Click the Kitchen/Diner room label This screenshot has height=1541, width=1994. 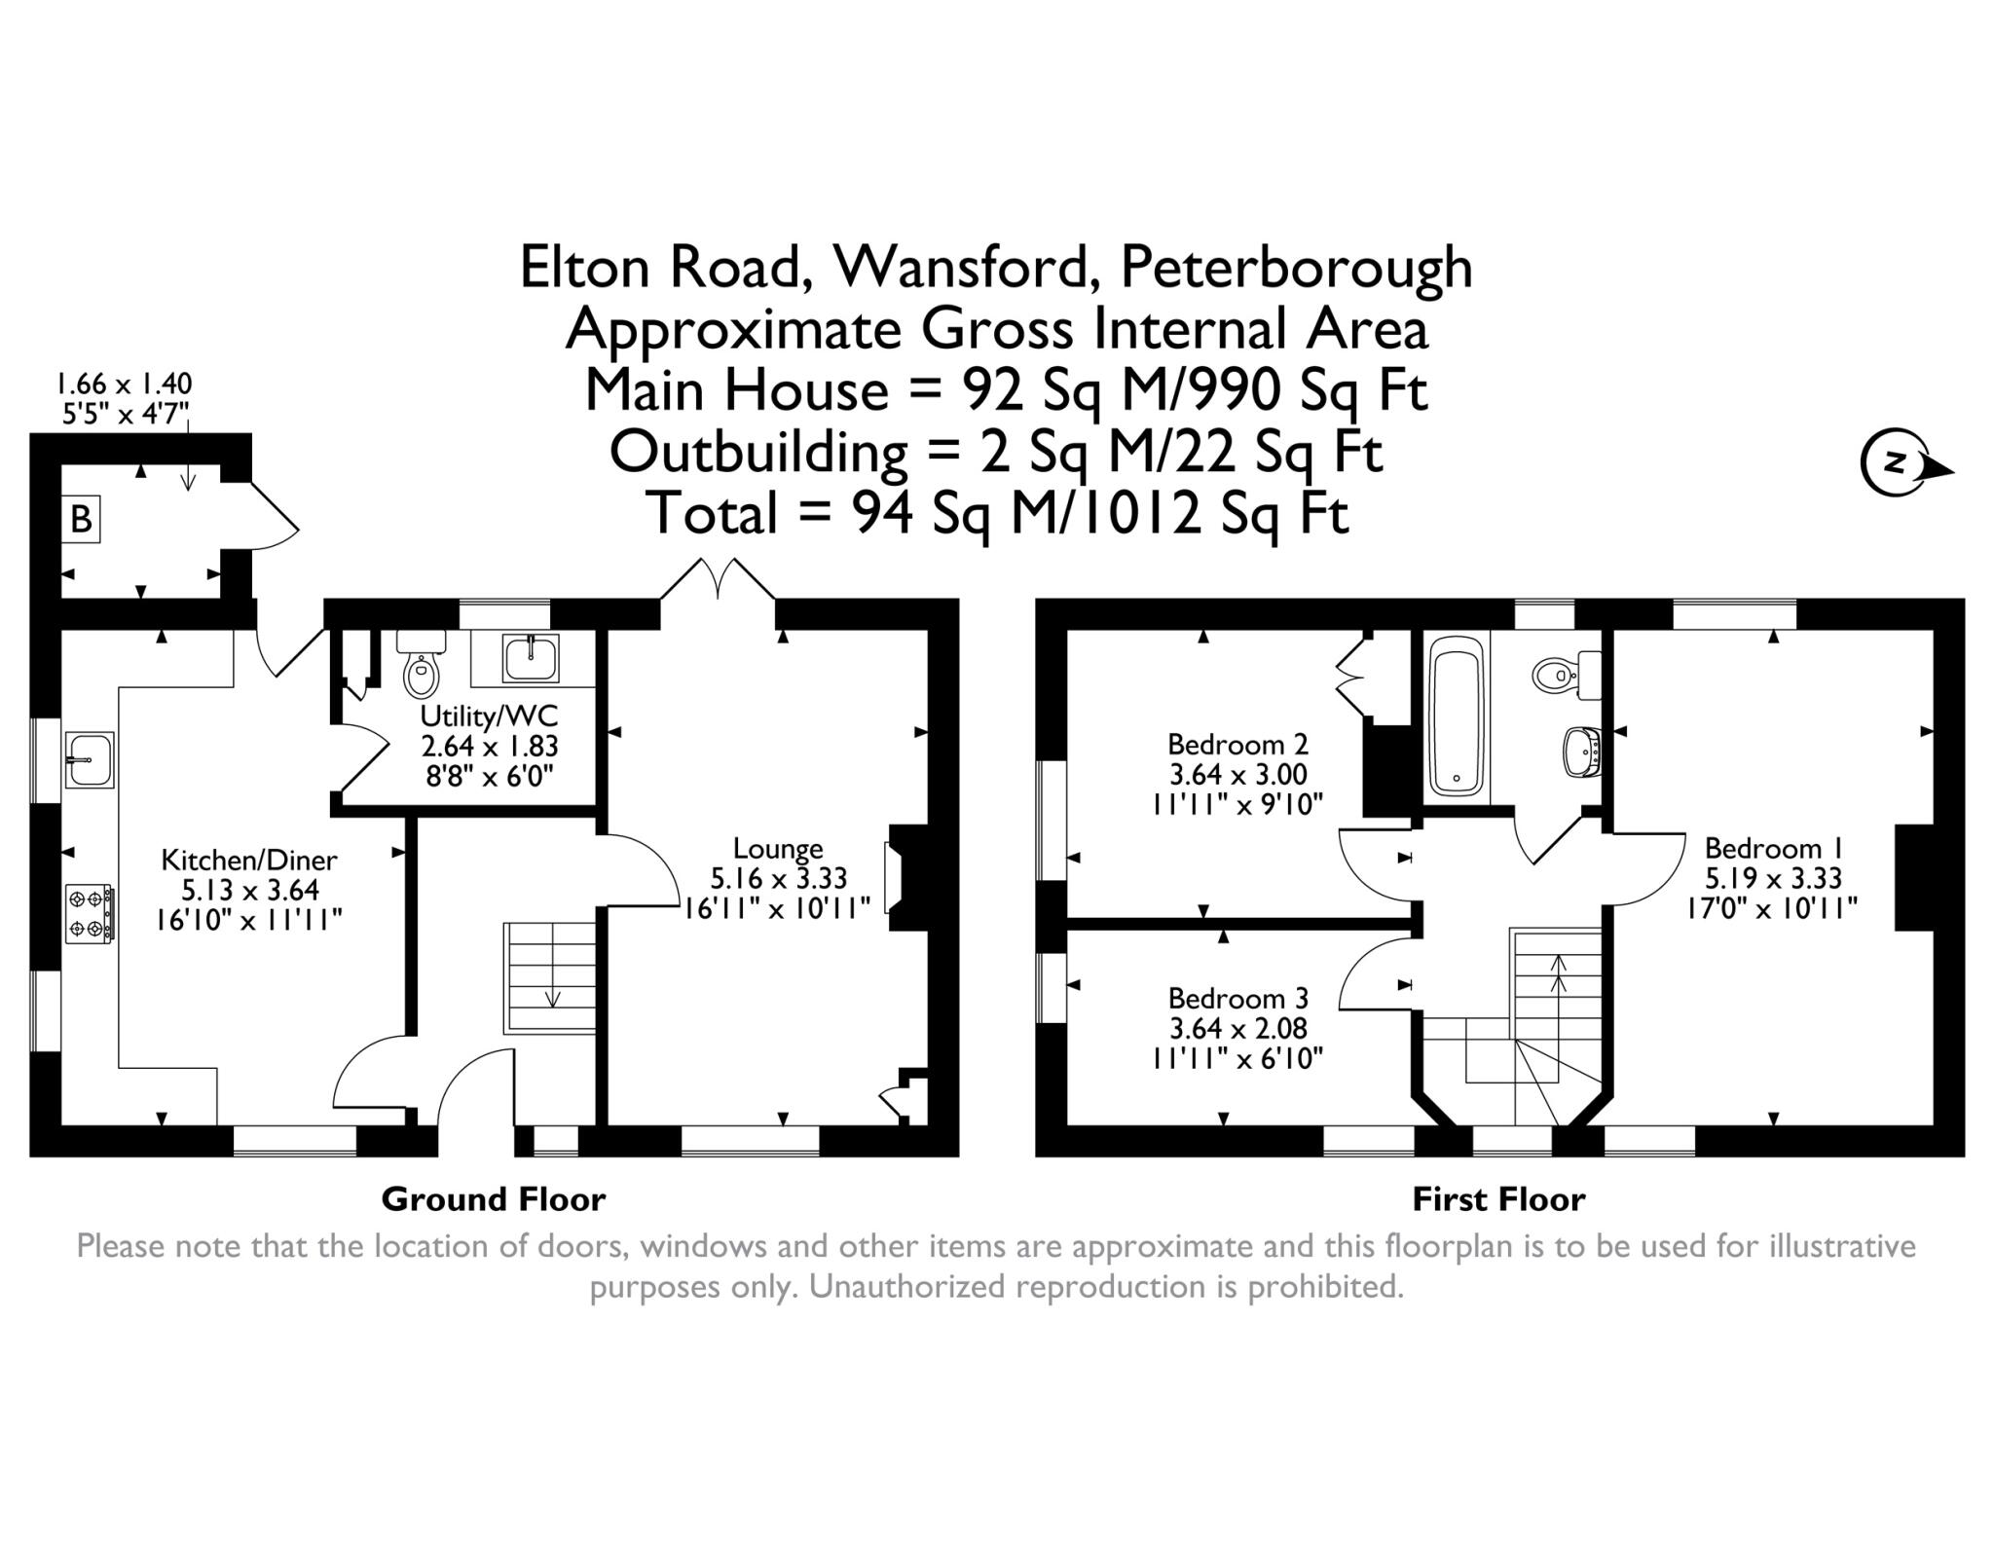tap(248, 861)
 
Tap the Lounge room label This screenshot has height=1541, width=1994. tap(777, 849)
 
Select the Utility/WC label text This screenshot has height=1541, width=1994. tap(489, 716)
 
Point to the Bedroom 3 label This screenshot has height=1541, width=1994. tap(1237, 999)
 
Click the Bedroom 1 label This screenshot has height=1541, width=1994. tap(1773, 849)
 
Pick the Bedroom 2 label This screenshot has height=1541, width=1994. tap(1237, 745)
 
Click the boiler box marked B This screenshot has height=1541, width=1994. tap(82, 519)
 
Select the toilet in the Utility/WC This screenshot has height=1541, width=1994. tap(422, 668)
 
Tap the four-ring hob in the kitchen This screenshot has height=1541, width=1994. tap(89, 913)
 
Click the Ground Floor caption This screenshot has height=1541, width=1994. tap(493, 1199)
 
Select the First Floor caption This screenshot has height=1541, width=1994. tap(1498, 1199)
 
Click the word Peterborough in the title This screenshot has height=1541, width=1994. tap(1296, 268)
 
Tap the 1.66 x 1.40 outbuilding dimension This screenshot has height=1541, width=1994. tap(124, 383)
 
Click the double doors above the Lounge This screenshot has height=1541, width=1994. tap(719, 579)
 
